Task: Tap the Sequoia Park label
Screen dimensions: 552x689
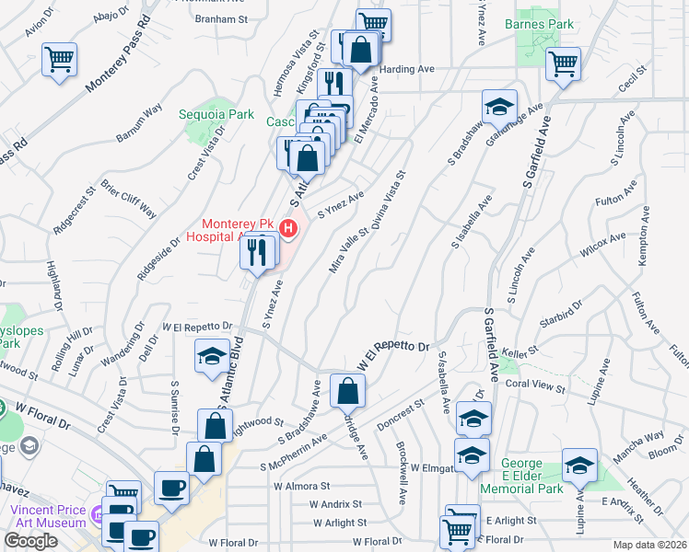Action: click(228, 115)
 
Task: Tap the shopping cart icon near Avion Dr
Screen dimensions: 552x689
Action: click(60, 60)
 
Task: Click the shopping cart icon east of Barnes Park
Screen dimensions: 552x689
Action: click(563, 64)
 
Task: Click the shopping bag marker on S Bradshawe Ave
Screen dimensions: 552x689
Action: click(347, 392)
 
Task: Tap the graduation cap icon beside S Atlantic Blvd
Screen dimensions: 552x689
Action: click(212, 356)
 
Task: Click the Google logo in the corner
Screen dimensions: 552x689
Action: click(30, 541)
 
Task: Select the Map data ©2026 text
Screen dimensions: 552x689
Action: click(650, 545)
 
